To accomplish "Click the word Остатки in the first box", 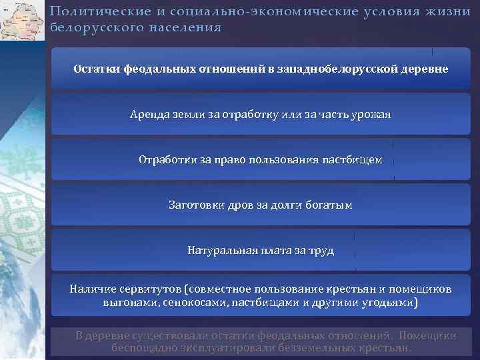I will pyautogui.click(x=96, y=69).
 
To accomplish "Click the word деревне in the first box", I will pyautogui.click(x=421, y=69).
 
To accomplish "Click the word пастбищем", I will pyautogui.click(x=352, y=160).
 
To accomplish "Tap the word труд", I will pyautogui.click(x=322, y=251).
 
